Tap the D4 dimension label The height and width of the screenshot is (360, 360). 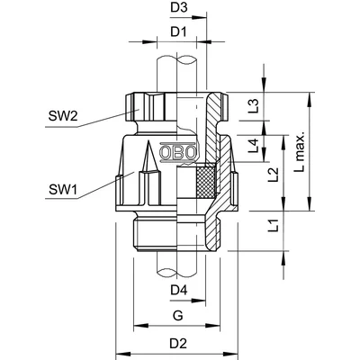pos(179,290)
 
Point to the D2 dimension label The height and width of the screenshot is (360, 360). pos(179,344)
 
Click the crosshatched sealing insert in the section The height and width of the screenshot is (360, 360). pos(207,184)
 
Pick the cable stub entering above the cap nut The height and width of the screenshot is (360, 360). pos(179,72)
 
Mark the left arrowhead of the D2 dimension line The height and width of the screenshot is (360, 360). pos(119,355)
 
